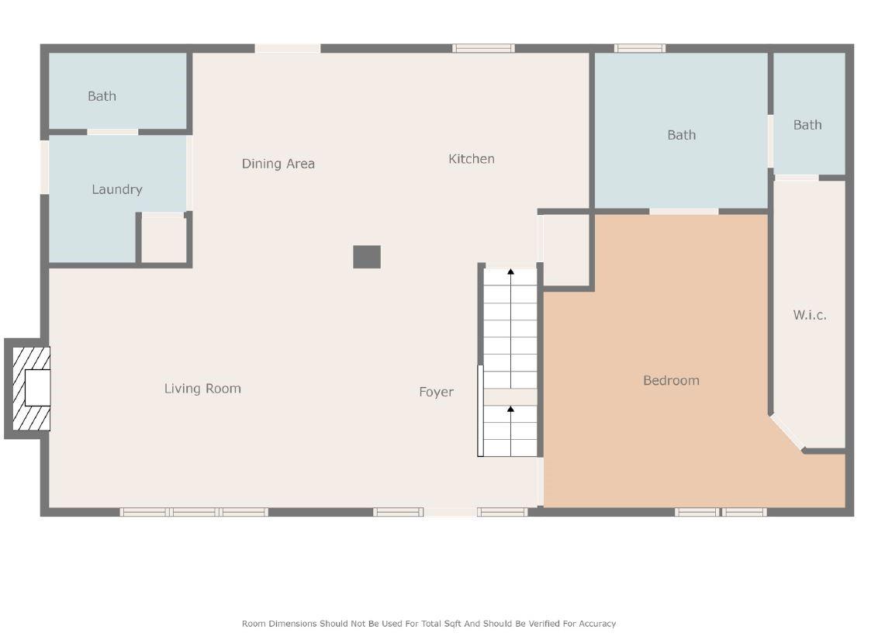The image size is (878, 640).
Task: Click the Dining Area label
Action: coord(278,164)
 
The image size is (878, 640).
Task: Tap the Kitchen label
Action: coord(472,159)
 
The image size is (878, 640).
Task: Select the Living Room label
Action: coord(202,389)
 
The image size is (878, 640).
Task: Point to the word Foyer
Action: coord(436,392)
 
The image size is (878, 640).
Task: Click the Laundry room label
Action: coord(117,189)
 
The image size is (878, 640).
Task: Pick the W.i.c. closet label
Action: coord(810,315)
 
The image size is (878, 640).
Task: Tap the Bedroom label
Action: coord(672,381)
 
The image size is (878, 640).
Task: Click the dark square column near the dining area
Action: coord(367,257)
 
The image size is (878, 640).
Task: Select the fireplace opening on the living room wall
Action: coord(37,387)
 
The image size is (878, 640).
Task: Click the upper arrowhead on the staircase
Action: coord(510,272)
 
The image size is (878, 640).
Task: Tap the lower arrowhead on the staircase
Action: coord(510,410)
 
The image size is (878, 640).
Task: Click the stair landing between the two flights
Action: coord(510,397)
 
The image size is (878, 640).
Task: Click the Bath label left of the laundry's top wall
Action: coord(102,96)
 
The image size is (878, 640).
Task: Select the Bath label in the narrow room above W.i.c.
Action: coord(807,125)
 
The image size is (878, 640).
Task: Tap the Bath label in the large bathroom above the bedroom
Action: coord(682,135)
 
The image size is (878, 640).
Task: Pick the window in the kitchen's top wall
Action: coord(483,48)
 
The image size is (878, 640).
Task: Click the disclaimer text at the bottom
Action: coord(429,624)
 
